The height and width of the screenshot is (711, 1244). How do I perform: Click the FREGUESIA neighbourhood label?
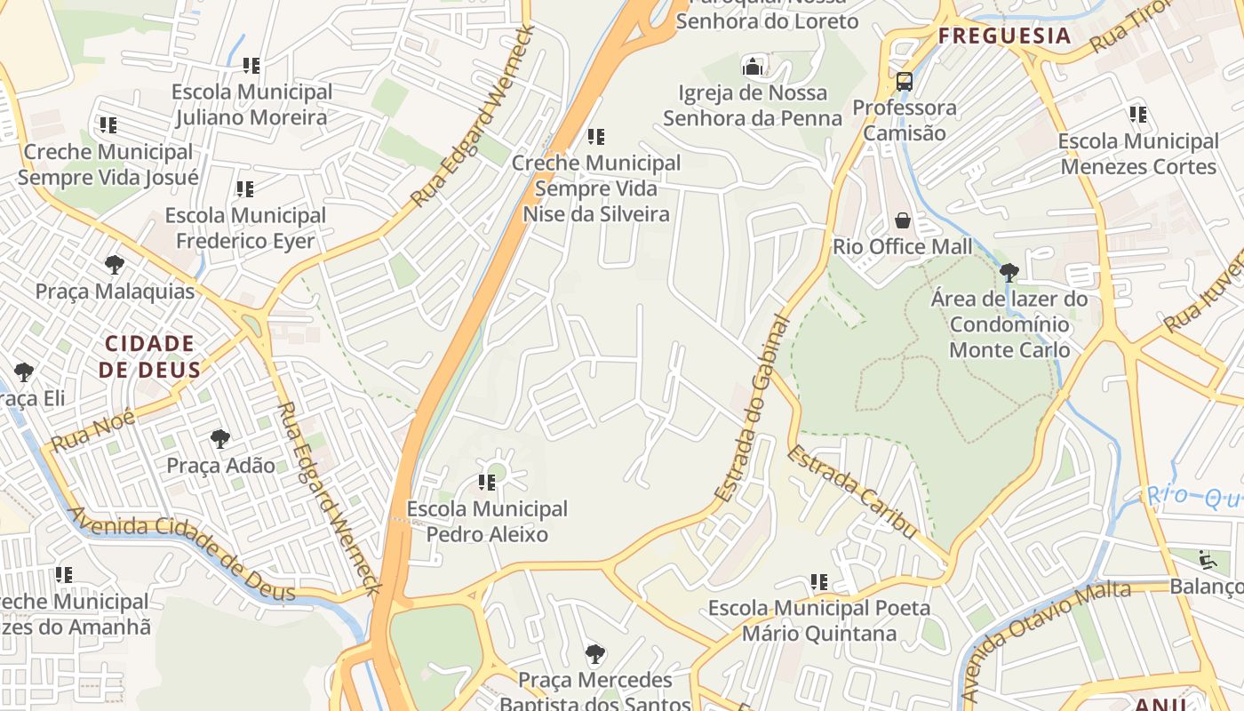1005,36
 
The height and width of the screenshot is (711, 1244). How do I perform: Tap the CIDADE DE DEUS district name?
149,356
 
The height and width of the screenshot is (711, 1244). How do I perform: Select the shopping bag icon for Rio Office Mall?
903,220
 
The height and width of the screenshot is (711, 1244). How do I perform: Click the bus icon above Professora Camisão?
905,82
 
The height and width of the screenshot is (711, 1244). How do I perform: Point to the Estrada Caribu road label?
851,491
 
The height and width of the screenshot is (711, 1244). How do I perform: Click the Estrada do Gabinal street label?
753,409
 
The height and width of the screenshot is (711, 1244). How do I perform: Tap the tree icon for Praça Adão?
220,438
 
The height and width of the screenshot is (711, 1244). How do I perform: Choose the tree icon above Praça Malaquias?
114,264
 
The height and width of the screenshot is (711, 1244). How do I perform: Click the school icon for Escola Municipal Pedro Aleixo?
487,483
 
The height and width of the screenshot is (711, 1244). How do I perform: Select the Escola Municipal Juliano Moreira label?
251,104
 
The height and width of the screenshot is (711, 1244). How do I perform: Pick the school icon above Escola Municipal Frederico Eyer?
245,189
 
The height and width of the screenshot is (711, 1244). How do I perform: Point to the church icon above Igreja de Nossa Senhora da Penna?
753,66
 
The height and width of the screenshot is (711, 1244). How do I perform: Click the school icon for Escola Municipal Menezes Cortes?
1138,115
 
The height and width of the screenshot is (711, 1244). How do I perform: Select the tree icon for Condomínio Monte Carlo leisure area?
1009,272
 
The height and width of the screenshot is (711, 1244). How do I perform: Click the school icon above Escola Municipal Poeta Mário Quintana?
819,582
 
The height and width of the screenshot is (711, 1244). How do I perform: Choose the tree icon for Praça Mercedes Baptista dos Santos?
595,655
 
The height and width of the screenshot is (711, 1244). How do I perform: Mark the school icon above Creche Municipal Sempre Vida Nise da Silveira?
596,137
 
